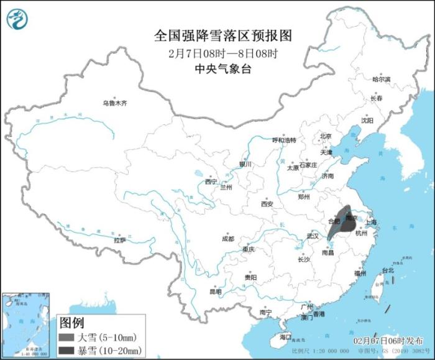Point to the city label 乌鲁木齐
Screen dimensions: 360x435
click(115, 103)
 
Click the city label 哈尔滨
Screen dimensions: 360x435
click(381, 80)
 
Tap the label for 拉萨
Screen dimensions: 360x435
click(120, 239)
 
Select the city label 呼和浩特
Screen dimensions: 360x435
click(285, 140)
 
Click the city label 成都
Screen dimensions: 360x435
click(227, 239)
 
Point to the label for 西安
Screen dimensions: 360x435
click(267, 204)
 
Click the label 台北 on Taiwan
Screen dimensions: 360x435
click(387, 270)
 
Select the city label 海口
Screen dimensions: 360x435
click(285, 336)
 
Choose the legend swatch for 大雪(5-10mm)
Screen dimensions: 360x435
click(65, 338)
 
